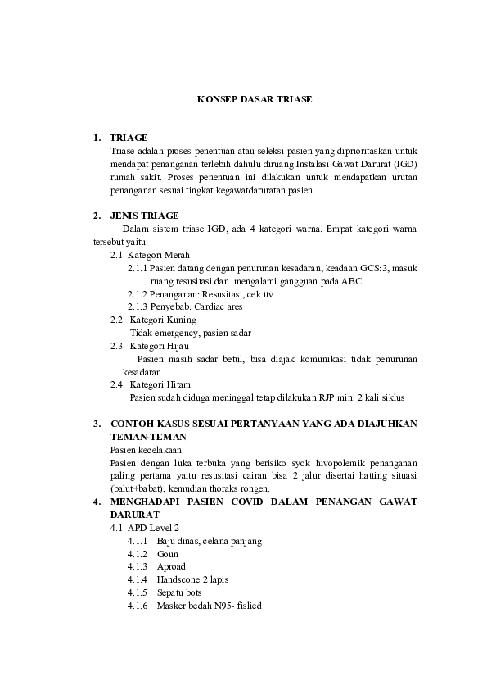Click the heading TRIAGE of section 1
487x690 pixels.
[129, 138]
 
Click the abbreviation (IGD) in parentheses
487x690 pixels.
[403, 164]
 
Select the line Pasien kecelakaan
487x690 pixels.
[146, 450]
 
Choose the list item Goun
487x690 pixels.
[167, 554]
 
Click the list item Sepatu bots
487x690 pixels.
[180, 592]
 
